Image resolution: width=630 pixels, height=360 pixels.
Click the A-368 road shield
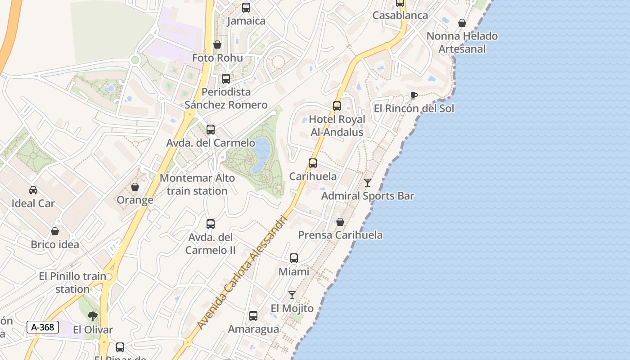click(43, 327)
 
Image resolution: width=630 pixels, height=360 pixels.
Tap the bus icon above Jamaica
click(246, 7)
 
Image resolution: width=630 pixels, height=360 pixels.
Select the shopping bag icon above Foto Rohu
click(217, 45)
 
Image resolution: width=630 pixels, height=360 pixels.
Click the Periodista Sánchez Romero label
click(226, 98)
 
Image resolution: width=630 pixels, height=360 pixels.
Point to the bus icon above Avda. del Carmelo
click(210, 130)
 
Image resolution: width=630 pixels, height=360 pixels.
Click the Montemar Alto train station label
click(197, 184)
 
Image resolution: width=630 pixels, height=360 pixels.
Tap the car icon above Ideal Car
click(33, 190)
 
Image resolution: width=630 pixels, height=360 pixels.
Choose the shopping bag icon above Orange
click(135, 186)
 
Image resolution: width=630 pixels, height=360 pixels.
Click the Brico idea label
click(55, 244)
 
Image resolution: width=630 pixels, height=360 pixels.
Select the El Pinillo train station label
click(72, 283)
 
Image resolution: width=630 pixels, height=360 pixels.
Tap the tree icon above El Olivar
click(93, 316)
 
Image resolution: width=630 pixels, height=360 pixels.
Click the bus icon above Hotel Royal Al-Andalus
click(337, 106)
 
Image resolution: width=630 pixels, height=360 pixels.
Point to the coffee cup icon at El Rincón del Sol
click(414, 95)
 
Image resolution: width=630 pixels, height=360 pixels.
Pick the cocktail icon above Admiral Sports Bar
click(368, 182)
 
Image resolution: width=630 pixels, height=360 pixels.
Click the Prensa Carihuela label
click(341, 235)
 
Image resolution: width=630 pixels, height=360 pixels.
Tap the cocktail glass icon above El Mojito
click(292, 295)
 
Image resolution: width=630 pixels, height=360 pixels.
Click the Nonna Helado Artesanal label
click(462, 42)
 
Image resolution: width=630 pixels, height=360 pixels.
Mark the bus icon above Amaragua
click(253, 316)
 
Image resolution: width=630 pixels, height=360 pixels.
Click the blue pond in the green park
click(262, 156)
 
